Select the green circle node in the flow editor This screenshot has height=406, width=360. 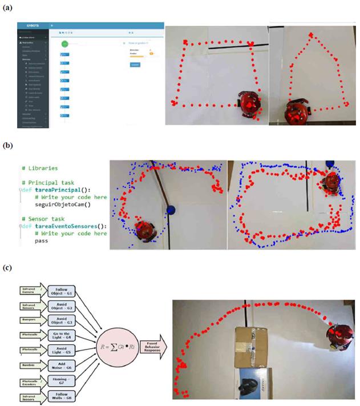64,44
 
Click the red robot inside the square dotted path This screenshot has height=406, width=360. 249,104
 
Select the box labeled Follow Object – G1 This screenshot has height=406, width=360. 63,292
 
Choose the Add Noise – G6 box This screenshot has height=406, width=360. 63,367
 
